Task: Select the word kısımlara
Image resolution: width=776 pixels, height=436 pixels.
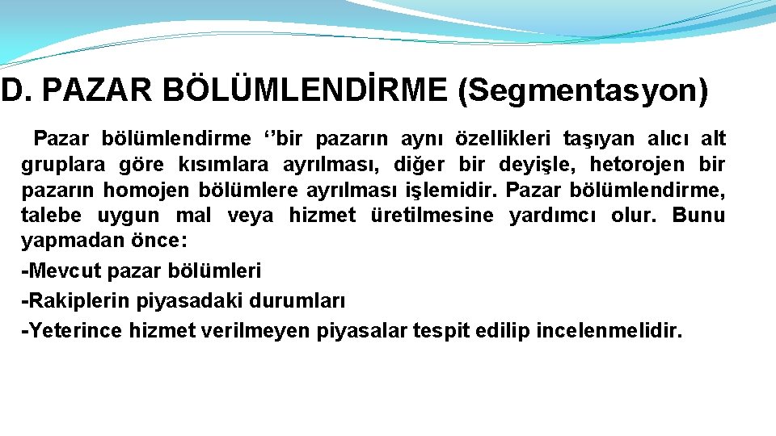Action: pyautogui.click(x=226, y=165)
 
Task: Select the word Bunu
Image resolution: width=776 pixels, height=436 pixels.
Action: pyautogui.click(x=698, y=216)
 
